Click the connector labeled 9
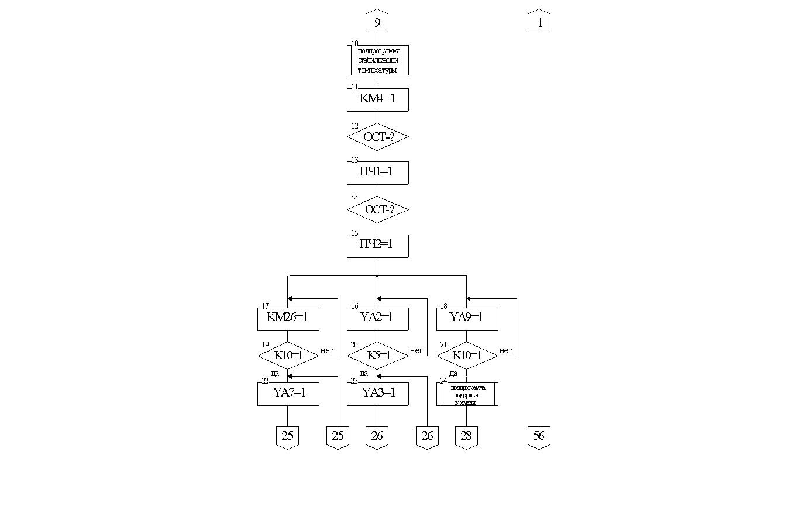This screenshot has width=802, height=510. [377, 22]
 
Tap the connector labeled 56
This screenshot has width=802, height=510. [539, 436]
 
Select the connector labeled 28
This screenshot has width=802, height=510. [466, 436]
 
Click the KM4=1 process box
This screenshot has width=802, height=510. [377, 99]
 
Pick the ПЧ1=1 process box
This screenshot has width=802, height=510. [377, 173]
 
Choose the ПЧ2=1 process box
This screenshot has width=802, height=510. [377, 246]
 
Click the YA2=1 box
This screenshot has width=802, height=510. [377, 319]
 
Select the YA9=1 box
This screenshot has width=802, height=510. [467, 319]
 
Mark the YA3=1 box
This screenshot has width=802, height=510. [377, 394]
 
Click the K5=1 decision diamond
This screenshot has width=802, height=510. [377, 356]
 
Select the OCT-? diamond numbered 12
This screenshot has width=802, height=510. [377, 137]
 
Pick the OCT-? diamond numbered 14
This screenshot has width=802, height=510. [377, 209]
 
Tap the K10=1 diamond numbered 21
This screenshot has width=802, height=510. [467, 356]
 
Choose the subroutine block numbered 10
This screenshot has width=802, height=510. [377, 60]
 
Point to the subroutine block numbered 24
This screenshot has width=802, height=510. [467, 394]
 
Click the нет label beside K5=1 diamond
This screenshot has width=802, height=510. [416, 351]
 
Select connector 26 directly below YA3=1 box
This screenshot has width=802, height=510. [377, 436]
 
